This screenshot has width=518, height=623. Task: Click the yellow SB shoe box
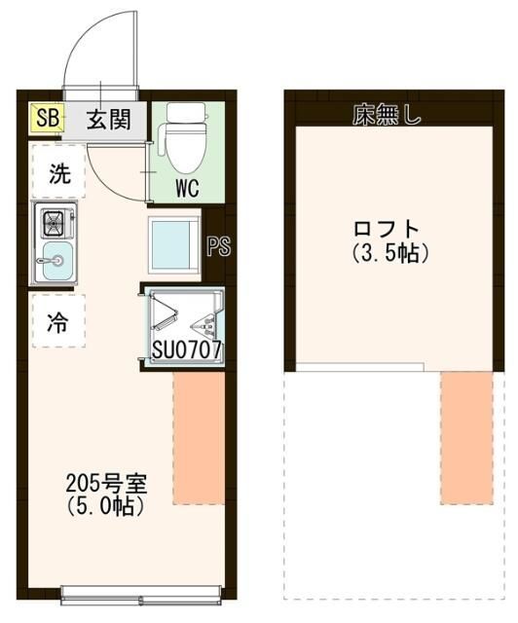[x=47, y=119]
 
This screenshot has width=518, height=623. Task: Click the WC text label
[x=187, y=188]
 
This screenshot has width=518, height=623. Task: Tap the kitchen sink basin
[x=56, y=261]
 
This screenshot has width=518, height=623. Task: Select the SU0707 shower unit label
[x=187, y=348]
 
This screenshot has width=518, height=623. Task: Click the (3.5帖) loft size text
[x=388, y=252]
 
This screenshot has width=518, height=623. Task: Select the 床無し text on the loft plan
[x=387, y=118]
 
